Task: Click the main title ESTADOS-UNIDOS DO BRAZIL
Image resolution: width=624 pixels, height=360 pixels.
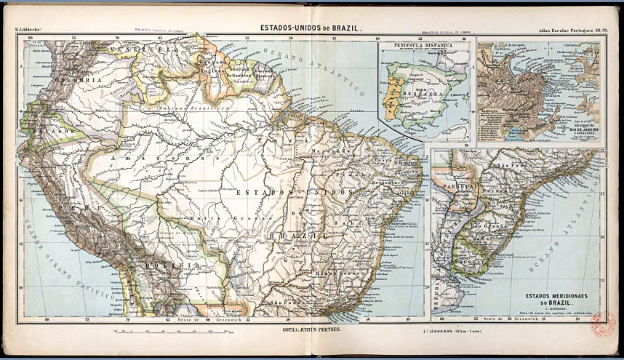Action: click(x=311, y=28)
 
